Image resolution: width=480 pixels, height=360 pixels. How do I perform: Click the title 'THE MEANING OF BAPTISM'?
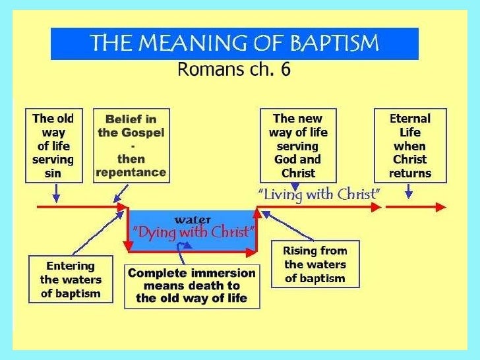[234, 44]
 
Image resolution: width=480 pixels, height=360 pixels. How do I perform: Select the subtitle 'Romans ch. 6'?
[234, 69]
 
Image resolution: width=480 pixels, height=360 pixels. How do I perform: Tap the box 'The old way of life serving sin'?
[53, 146]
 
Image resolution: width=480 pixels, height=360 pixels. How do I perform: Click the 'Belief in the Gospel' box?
[131, 146]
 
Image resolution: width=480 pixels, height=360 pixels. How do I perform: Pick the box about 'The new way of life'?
[298, 146]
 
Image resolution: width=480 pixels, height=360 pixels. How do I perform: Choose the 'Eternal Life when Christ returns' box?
[410, 146]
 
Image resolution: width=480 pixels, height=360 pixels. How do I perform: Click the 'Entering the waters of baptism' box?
[71, 280]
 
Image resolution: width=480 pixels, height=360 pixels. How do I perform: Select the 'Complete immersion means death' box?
[192, 285]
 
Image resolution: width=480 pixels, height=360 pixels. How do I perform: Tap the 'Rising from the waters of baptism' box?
[315, 264]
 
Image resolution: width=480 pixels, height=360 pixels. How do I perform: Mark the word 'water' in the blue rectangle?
[193, 218]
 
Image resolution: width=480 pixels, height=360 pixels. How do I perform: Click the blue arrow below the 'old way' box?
[57, 193]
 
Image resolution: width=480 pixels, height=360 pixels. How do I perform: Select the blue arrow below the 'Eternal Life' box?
[409, 191]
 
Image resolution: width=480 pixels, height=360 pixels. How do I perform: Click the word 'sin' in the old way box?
[53, 173]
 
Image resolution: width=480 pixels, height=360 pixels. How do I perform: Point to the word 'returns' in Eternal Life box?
[410, 173]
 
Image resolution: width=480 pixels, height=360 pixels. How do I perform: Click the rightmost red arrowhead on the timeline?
[441, 207]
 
